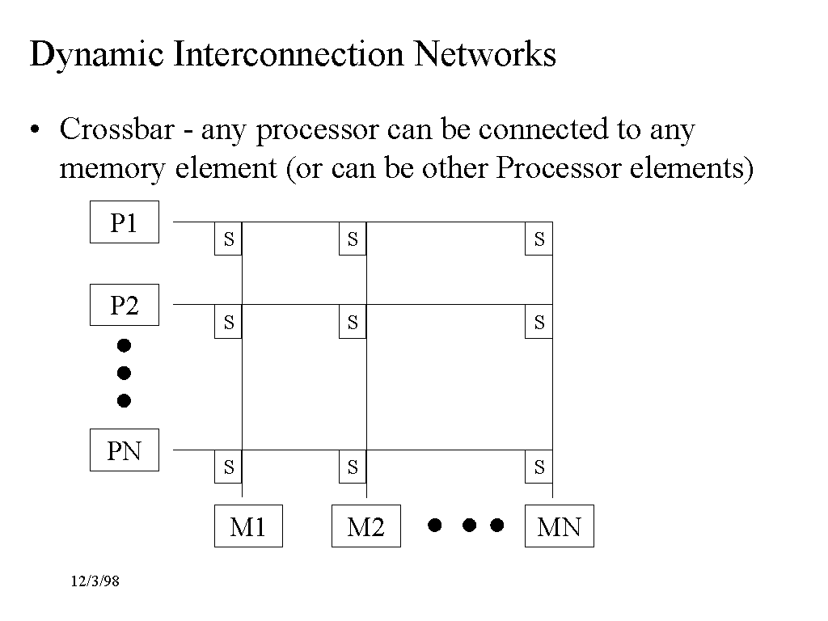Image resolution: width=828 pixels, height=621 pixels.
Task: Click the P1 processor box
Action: click(124, 223)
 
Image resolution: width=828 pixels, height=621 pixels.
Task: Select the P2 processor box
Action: click(124, 306)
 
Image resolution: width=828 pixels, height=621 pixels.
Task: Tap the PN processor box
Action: click(124, 451)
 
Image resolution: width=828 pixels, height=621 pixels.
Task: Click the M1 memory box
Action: click(248, 526)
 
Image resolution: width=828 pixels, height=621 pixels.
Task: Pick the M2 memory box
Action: click(365, 526)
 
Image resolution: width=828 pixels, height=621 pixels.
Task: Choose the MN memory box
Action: click(559, 526)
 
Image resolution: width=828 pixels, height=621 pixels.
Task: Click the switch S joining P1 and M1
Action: click(228, 239)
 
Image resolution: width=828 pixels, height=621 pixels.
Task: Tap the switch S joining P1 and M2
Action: click(353, 239)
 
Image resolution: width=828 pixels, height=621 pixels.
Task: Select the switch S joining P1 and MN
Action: click(539, 239)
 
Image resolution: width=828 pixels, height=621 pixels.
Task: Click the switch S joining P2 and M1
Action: click(228, 322)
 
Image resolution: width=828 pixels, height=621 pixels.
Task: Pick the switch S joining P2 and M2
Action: click(353, 322)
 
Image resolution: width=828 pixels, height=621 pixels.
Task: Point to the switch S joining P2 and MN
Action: click(539, 322)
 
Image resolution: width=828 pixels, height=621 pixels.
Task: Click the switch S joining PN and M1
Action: click(228, 467)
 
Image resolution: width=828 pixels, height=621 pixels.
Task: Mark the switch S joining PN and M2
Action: click(353, 467)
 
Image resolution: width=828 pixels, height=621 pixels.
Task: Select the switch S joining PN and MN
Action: click(539, 467)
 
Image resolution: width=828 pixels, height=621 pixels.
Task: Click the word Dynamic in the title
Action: click(95, 55)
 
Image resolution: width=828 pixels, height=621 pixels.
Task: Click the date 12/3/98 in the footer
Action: click(95, 581)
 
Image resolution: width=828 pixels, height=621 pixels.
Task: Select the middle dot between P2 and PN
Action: click(124, 373)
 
